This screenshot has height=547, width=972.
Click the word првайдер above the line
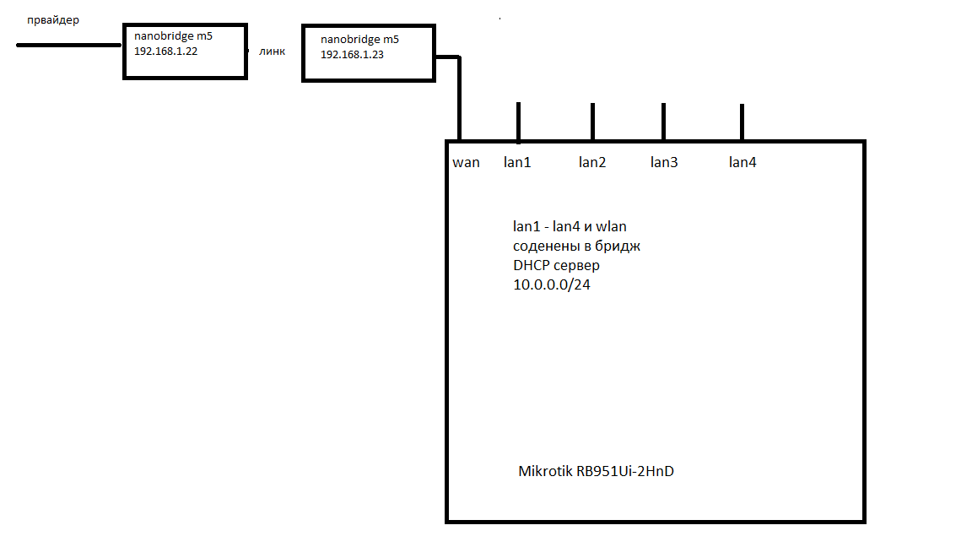pos(53,20)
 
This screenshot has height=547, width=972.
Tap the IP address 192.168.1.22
pos(165,51)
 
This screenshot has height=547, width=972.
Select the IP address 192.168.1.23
pos(352,54)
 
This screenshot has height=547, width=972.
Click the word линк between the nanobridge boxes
pos(272,51)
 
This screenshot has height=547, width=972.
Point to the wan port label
pos(466,162)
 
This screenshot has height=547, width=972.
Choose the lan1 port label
pos(517,162)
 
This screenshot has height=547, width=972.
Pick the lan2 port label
pos(591,162)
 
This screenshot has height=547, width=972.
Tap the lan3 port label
pos(663,162)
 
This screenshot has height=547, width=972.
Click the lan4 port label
pos(742,162)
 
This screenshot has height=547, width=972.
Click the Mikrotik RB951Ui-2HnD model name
pos(596,471)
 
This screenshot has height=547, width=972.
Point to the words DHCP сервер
pos(556,265)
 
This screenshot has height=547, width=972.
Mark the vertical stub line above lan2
pos(592,122)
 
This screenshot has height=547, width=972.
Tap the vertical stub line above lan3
pos(663,122)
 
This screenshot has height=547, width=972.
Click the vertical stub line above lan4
pos(742,122)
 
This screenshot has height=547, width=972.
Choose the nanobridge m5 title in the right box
pos(359,40)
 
